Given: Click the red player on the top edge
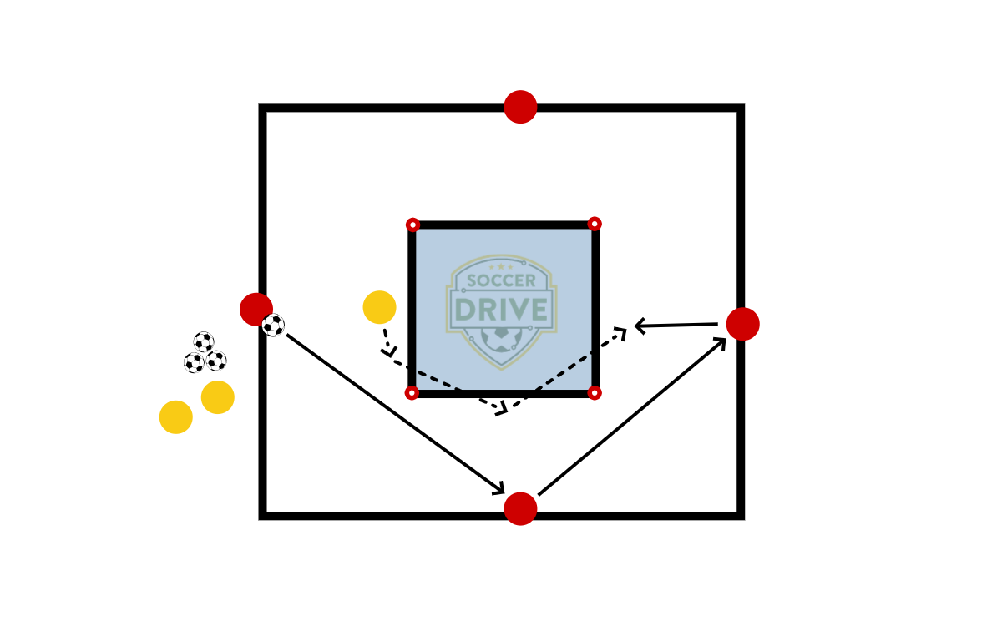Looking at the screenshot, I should [x=520, y=107].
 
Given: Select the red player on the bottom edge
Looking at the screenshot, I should [x=520, y=508].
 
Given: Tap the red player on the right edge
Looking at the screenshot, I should [x=742, y=324].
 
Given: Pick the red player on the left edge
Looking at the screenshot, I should [x=256, y=309].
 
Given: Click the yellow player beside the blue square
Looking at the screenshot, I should [x=379, y=307].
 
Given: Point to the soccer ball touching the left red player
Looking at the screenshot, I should [x=273, y=326].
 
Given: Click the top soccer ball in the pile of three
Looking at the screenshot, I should [x=204, y=341].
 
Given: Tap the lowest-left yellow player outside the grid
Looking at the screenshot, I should [x=176, y=416].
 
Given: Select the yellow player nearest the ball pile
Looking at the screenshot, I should [x=218, y=397].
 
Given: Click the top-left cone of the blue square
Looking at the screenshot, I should [x=412, y=225].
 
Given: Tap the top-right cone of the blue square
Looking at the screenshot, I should [x=595, y=224].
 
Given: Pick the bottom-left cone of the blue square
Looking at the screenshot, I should [x=412, y=393].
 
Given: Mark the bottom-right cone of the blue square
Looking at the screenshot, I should [x=595, y=392].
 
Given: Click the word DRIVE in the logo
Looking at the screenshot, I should [x=501, y=310].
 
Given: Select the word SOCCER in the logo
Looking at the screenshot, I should [x=501, y=281].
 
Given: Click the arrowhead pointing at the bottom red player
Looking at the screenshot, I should [x=499, y=489].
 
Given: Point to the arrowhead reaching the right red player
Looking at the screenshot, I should [x=721, y=342].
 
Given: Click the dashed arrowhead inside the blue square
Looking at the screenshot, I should [x=620, y=333].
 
